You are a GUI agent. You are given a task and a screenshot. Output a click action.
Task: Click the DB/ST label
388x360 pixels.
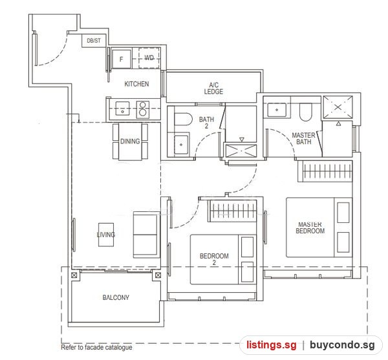pos(94,41)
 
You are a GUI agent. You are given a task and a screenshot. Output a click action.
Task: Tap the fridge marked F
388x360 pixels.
pos(122,59)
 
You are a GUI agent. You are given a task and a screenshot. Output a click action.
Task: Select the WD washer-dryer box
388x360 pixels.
pos(149,58)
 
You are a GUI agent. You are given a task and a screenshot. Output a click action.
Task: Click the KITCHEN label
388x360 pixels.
pos(136,84)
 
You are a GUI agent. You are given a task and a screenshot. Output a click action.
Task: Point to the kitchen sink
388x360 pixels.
pos(122,109)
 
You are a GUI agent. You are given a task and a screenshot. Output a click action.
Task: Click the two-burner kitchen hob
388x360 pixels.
pos(143,109)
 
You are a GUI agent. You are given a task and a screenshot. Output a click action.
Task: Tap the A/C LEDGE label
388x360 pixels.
pos(213,89)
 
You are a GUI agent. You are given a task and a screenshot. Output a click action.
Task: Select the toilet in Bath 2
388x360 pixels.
pos(183,120)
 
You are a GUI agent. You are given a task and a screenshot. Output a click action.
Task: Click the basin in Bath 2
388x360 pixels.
pos(181,145)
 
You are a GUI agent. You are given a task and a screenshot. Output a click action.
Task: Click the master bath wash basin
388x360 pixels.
pos(277,110)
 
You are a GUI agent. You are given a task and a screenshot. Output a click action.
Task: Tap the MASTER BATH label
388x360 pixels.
pos(304,138)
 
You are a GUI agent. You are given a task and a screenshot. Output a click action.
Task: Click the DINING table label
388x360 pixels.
pos(130,142)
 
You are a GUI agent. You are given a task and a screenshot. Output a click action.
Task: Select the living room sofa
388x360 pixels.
pos(145,235)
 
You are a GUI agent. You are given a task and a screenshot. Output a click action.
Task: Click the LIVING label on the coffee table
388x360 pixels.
pos(106,235)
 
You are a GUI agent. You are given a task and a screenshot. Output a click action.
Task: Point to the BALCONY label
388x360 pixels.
pos(116,297)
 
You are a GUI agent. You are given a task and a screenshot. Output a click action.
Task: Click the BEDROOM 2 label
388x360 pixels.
pos(214,259)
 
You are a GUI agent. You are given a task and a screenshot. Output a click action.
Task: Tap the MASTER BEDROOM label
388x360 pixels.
pos(310,228)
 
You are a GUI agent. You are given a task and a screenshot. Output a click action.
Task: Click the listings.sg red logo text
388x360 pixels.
pos(271,344)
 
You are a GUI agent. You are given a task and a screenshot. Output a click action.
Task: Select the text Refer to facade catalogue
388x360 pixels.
pos(96,347)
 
